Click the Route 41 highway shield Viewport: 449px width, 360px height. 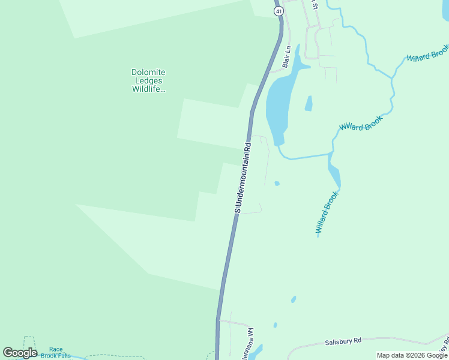(279, 11)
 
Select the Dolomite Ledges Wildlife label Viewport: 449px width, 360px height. (148, 81)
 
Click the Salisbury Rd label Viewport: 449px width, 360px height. (343, 341)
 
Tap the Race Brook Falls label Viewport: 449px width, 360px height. (56, 352)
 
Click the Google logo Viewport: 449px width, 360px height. (20, 353)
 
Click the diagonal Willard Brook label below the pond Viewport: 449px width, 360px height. (328, 213)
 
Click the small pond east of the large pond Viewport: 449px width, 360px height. (309, 104)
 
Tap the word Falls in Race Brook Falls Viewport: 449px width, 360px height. (64, 356)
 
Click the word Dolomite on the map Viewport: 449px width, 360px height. (148, 73)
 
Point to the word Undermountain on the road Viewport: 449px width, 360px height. (243, 171)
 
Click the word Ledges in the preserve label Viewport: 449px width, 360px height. (148, 81)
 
